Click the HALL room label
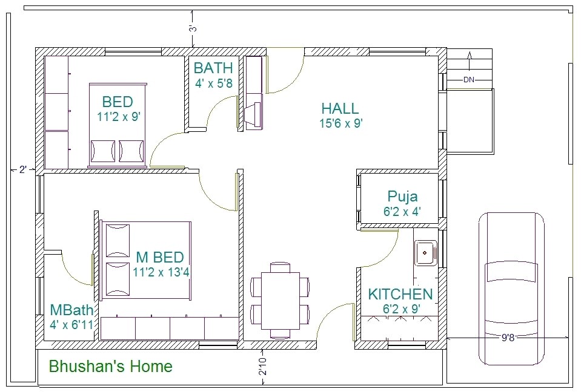340,109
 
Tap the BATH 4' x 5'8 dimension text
214,83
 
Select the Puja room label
402,197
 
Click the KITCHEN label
400,295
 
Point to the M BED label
159,257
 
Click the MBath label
71,310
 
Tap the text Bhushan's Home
110,367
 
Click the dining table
280,299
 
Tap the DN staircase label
469,79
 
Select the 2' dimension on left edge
22,170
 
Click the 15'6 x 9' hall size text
340,124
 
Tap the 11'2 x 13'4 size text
161,272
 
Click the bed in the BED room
118,124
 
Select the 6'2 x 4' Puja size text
402,212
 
